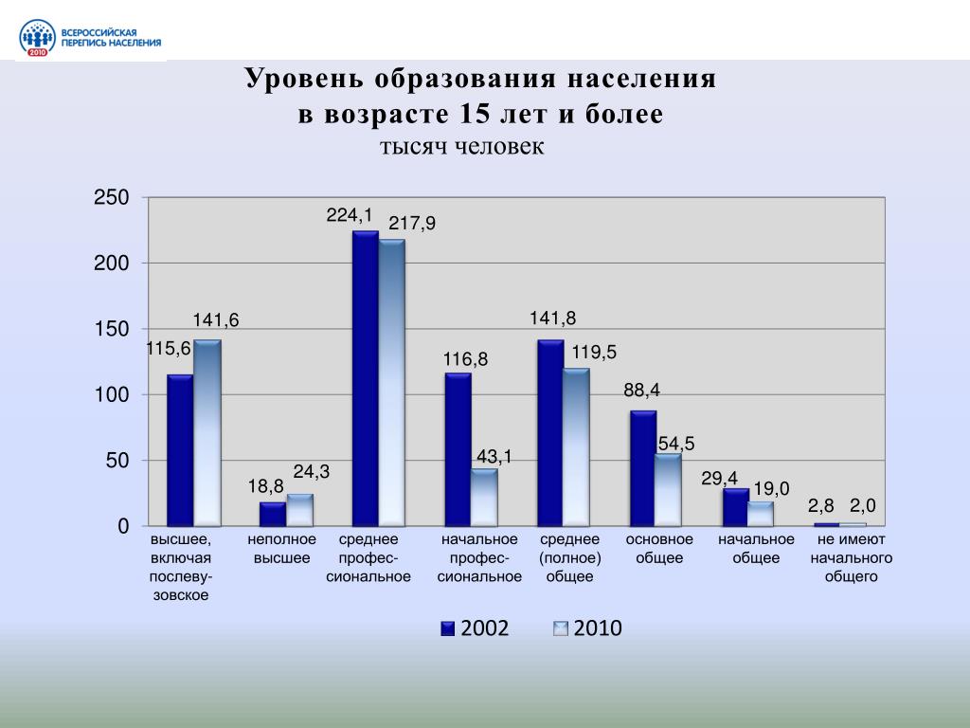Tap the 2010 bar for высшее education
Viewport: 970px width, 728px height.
click(x=207, y=432)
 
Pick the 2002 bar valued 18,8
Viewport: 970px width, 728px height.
click(x=273, y=514)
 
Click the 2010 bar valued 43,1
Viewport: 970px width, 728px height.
click(x=484, y=497)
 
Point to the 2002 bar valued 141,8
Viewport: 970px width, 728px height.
click(x=550, y=432)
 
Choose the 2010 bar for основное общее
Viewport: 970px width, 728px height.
click(x=668, y=489)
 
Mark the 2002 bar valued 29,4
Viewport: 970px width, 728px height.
click(x=735, y=507)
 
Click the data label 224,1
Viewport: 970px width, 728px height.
click(x=349, y=215)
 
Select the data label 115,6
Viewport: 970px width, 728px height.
click(x=169, y=349)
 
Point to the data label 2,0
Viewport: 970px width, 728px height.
click(x=863, y=506)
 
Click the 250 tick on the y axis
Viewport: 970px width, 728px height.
click(x=111, y=198)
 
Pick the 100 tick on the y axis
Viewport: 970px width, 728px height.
click(x=111, y=394)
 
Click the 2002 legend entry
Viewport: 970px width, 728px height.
click(x=474, y=628)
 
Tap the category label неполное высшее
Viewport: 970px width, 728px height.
click(x=281, y=549)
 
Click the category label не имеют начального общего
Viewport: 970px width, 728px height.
click(x=852, y=557)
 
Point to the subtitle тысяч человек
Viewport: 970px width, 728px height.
click(x=462, y=147)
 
